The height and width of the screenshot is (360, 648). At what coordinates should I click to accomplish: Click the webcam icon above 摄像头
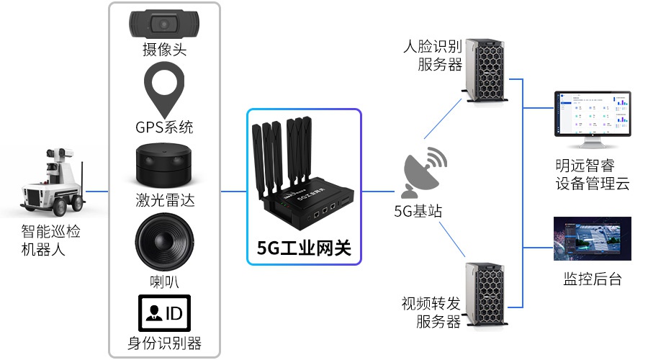(x=164, y=23)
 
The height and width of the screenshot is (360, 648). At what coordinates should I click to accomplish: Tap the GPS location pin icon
(x=164, y=89)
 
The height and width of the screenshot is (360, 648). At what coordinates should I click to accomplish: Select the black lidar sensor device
(x=164, y=165)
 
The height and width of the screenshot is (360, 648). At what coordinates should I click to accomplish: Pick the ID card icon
(x=164, y=312)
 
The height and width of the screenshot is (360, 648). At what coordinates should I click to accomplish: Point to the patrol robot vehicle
(x=53, y=183)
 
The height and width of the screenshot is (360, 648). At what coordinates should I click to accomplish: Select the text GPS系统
(x=164, y=128)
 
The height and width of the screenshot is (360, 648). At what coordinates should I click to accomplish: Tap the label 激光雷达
(x=164, y=199)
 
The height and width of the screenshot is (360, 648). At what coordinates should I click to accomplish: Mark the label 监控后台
(x=592, y=279)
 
